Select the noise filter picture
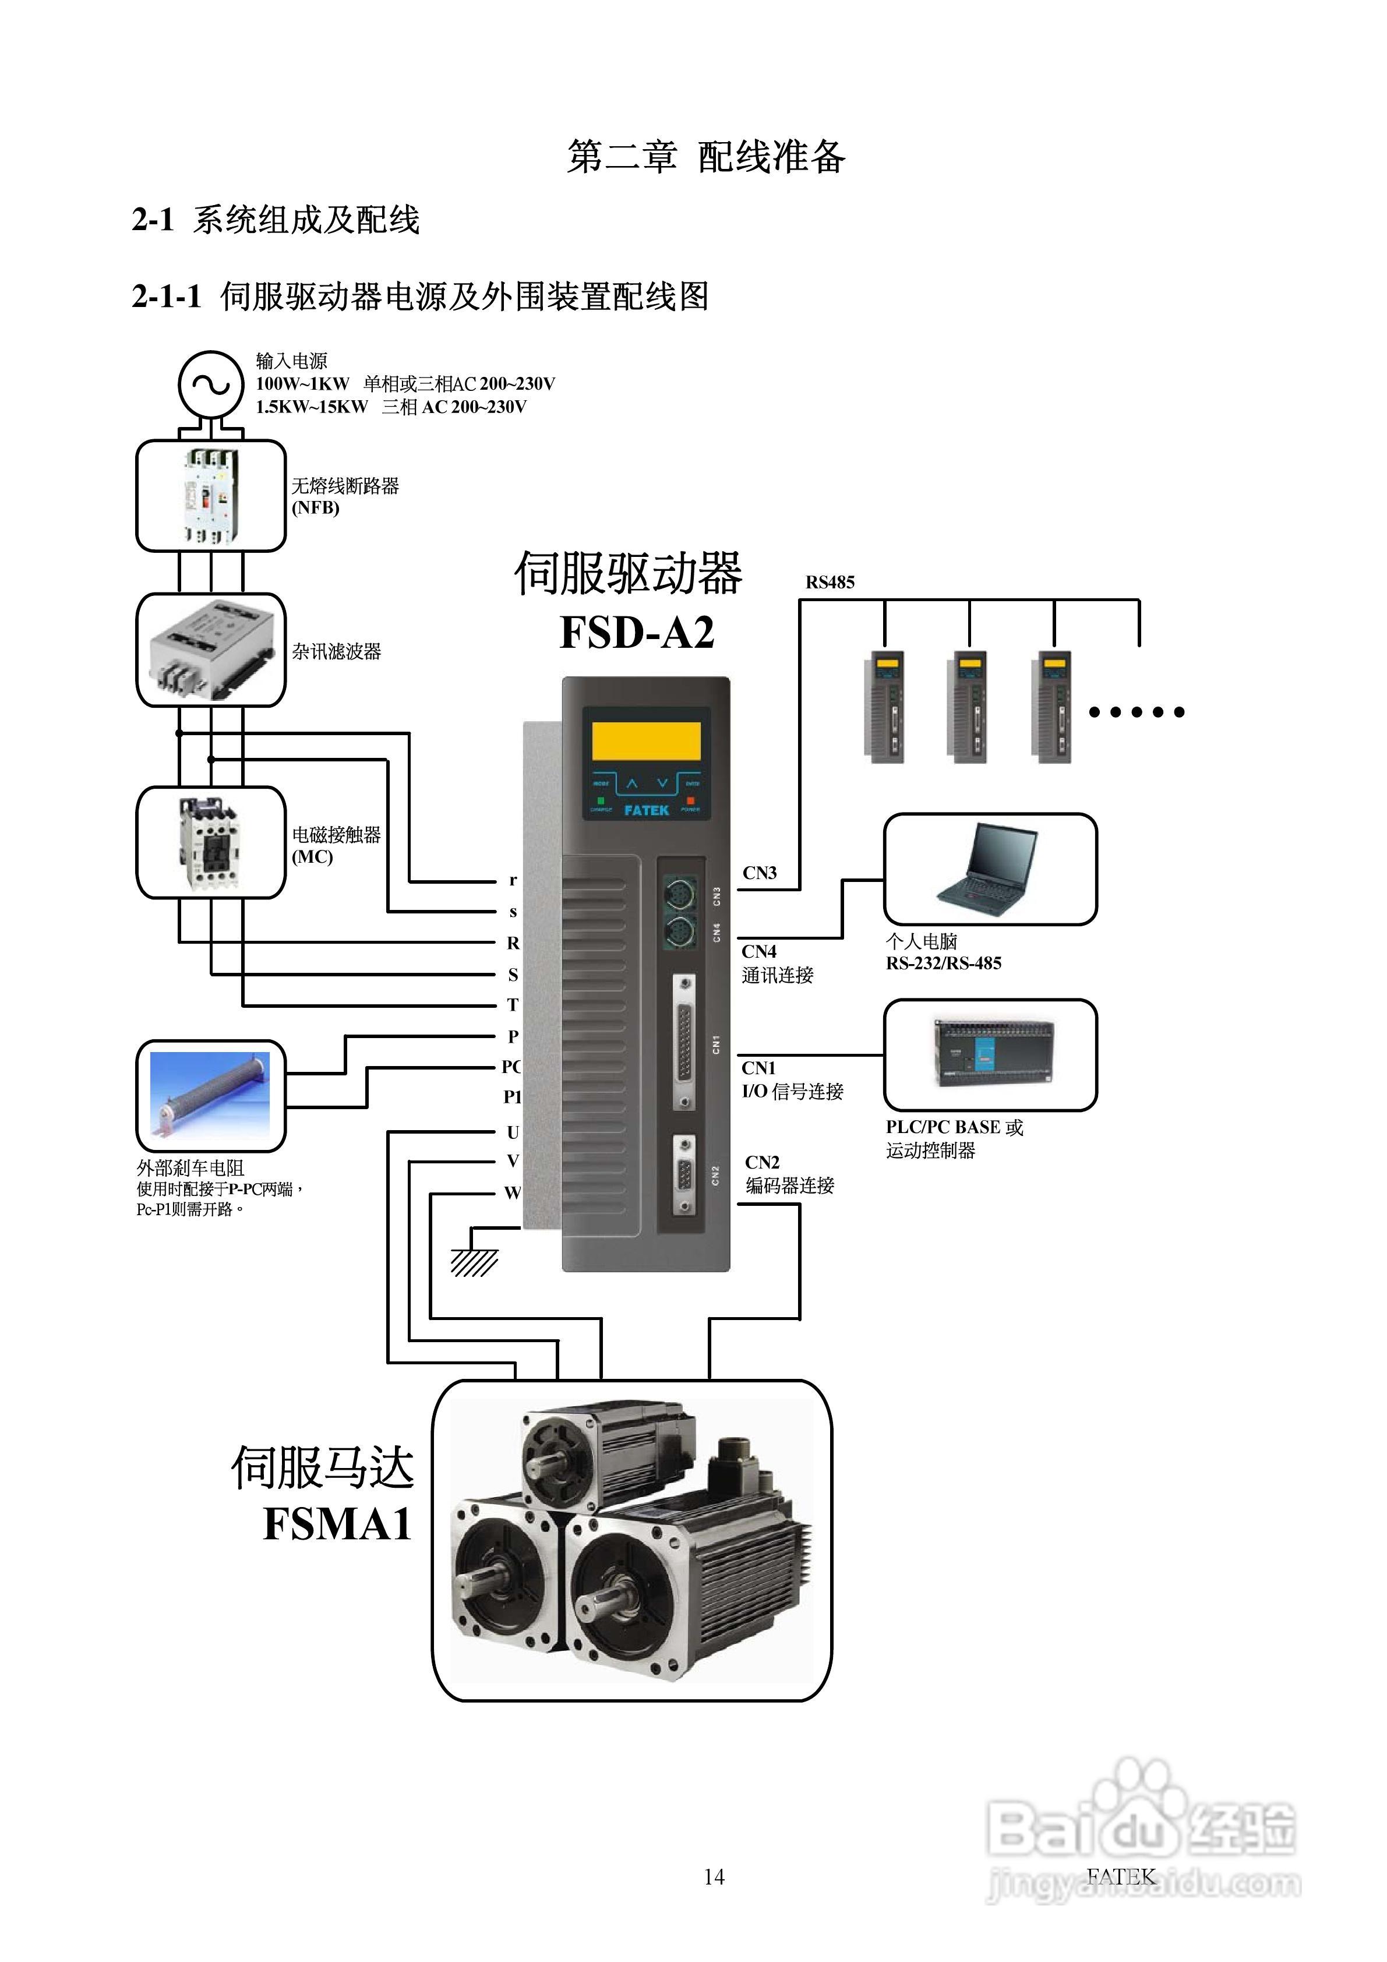(210, 650)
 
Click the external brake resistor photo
(210, 1095)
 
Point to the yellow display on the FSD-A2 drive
(646, 740)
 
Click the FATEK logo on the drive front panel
(646, 809)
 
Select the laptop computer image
(989, 869)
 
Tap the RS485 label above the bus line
(829, 583)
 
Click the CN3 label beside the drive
(759, 873)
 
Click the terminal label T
(513, 1005)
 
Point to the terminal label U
(513, 1132)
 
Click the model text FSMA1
(337, 1523)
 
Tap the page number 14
(714, 1876)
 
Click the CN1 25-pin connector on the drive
(684, 1043)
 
